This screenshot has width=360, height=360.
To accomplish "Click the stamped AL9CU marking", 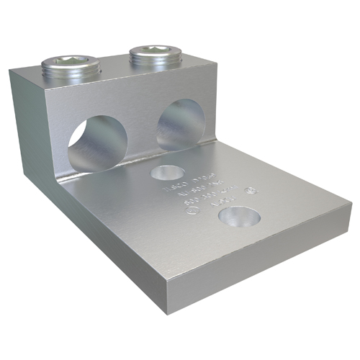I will pos(204,214).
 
